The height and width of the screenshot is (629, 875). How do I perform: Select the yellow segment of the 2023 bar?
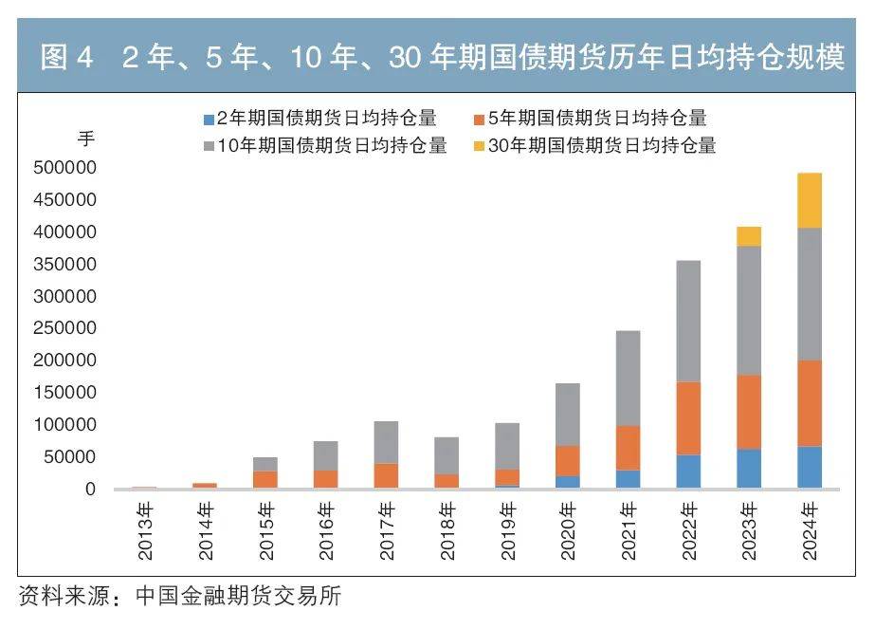749,236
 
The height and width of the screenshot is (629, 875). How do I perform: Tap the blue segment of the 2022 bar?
688,472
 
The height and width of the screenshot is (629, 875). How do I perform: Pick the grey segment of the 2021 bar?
628,378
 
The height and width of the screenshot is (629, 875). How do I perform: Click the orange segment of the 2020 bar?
567,460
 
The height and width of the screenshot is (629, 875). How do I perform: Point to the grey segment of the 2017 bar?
386,442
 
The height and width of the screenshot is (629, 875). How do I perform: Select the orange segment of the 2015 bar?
264,479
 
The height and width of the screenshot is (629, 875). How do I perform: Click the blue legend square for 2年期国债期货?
209,120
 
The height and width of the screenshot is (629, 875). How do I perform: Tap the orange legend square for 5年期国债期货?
479,120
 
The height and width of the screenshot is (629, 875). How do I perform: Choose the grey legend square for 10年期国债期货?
209,147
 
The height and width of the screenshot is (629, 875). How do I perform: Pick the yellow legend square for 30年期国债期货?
479,147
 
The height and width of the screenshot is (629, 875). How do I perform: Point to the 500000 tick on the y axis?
64,168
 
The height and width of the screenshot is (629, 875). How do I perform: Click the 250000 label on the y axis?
64,328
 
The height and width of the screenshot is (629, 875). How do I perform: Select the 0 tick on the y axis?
90,490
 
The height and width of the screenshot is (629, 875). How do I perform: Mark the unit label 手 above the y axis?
86,139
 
